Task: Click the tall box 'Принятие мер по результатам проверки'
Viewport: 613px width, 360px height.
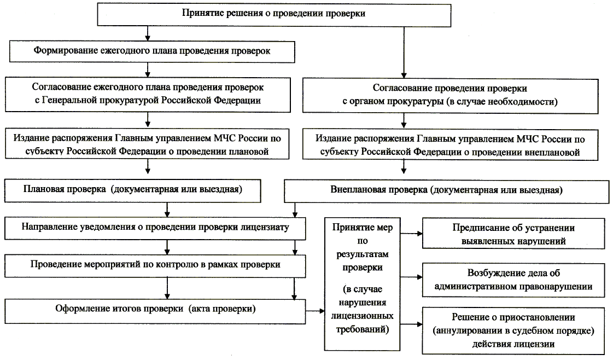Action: tap(360, 279)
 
